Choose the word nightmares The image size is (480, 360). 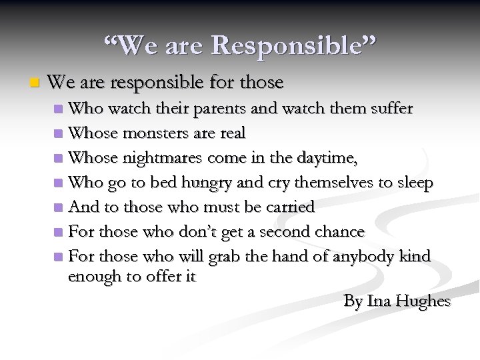(169, 157)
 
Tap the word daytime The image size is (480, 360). (331, 158)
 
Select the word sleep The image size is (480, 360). (414, 182)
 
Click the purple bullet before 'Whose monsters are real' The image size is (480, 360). (59, 133)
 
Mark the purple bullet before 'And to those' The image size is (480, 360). (59, 207)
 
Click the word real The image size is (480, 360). (231, 133)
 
